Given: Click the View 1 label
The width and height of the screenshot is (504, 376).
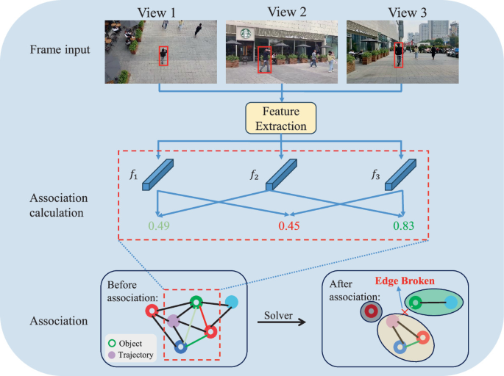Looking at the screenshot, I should (x=160, y=10).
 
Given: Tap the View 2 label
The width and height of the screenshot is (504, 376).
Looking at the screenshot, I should (x=282, y=10).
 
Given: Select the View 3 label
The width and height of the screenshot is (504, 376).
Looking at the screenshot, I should (x=402, y=10).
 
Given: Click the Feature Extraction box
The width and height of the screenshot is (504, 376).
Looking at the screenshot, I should (x=281, y=119).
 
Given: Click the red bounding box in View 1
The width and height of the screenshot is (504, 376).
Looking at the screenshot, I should (x=163, y=56).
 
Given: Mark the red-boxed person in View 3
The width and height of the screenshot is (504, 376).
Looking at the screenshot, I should (x=398, y=55).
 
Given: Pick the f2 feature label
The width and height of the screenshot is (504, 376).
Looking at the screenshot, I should (x=254, y=176).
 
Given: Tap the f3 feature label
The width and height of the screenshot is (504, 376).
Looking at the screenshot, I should (x=375, y=176).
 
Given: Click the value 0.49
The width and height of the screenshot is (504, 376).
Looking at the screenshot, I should (x=159, y=225).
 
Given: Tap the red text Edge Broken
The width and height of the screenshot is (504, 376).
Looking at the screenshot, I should (x=405, y=281).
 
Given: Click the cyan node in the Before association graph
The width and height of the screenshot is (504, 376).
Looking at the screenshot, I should (x=232, y=302).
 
